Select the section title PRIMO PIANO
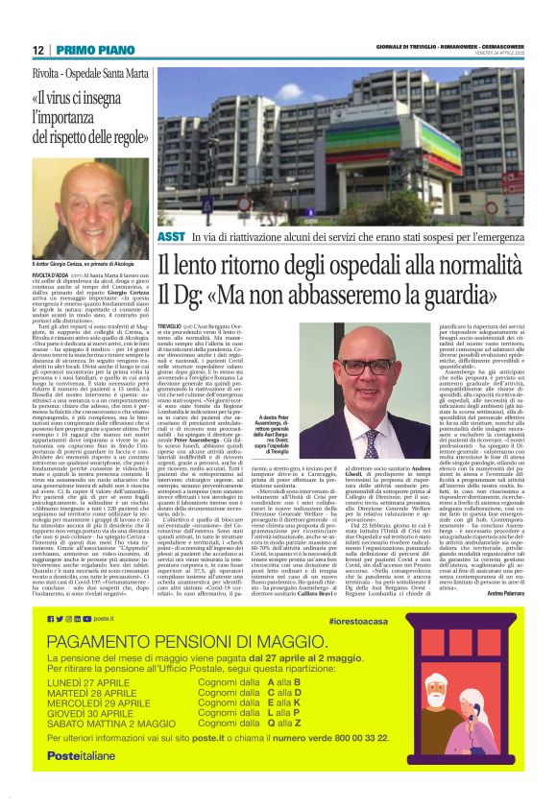(x=87, y=50)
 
